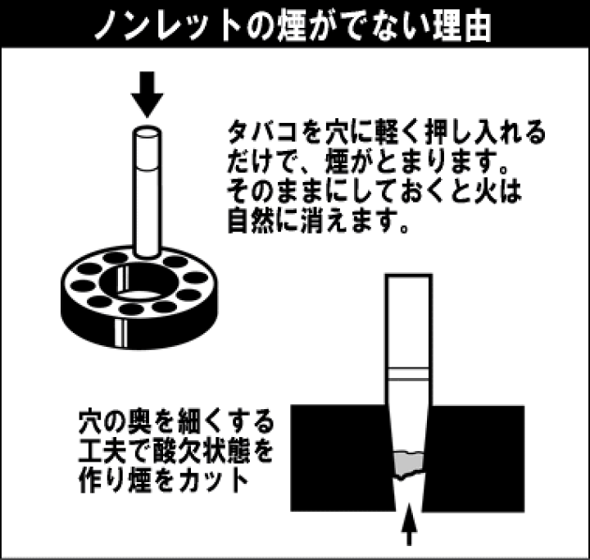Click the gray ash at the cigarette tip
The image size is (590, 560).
tap(408, 465)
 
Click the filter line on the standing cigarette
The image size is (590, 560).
tap(147, 167)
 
